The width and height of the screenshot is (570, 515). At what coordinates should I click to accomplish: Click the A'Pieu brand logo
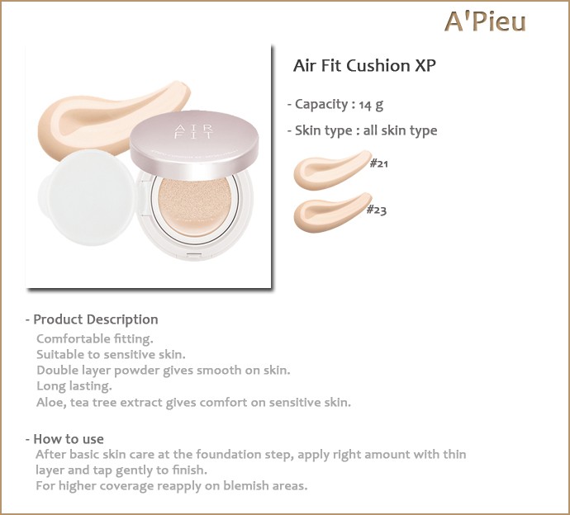485,21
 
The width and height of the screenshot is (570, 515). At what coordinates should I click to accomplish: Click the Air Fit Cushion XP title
364,66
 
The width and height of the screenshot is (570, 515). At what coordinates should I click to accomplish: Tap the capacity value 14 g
371,105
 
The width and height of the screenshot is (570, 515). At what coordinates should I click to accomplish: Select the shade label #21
379,163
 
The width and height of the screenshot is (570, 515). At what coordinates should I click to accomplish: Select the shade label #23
376,210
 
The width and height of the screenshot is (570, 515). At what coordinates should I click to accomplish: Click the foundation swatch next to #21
332,170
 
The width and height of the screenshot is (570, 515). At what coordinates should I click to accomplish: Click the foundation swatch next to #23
332,212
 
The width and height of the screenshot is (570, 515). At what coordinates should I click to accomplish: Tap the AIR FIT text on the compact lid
194,131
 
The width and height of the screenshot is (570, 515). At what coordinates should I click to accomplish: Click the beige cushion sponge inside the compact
194,206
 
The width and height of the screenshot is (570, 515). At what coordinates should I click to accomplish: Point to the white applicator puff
88,197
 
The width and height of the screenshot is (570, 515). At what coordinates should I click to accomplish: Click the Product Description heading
92,319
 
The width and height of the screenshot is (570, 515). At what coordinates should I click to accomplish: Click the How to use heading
64,439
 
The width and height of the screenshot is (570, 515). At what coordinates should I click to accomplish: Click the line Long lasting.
74,386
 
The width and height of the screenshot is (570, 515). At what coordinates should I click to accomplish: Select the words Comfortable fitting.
95,339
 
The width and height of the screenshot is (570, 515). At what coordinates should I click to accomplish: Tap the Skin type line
363,130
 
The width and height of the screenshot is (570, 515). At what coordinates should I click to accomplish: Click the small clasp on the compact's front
194,254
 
